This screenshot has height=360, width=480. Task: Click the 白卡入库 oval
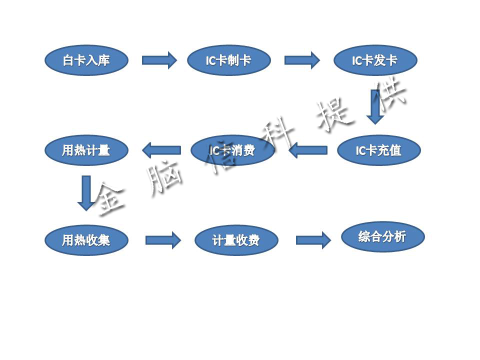coord(86,60)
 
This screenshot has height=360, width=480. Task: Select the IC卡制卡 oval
coord(229,60)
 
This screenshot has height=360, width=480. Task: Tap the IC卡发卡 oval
coord(375,60)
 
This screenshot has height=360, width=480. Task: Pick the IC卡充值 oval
coord(378,150)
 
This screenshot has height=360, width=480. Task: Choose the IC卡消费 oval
coord(233,150)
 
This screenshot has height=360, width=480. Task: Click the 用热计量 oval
coord(86,150)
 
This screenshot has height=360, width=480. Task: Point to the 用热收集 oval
coord(86,240)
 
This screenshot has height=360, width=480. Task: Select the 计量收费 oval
coord(236,240)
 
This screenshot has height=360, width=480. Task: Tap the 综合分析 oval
coord(382,236)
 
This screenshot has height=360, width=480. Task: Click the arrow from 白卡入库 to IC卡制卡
coord(159,60)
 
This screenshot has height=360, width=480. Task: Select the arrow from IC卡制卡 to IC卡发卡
coord(302,60)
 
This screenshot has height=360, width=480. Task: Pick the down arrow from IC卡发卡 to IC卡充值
coord(375,106)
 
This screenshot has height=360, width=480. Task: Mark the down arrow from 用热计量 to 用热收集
coord(86,192)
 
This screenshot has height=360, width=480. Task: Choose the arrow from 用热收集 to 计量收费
coord(163,240)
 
